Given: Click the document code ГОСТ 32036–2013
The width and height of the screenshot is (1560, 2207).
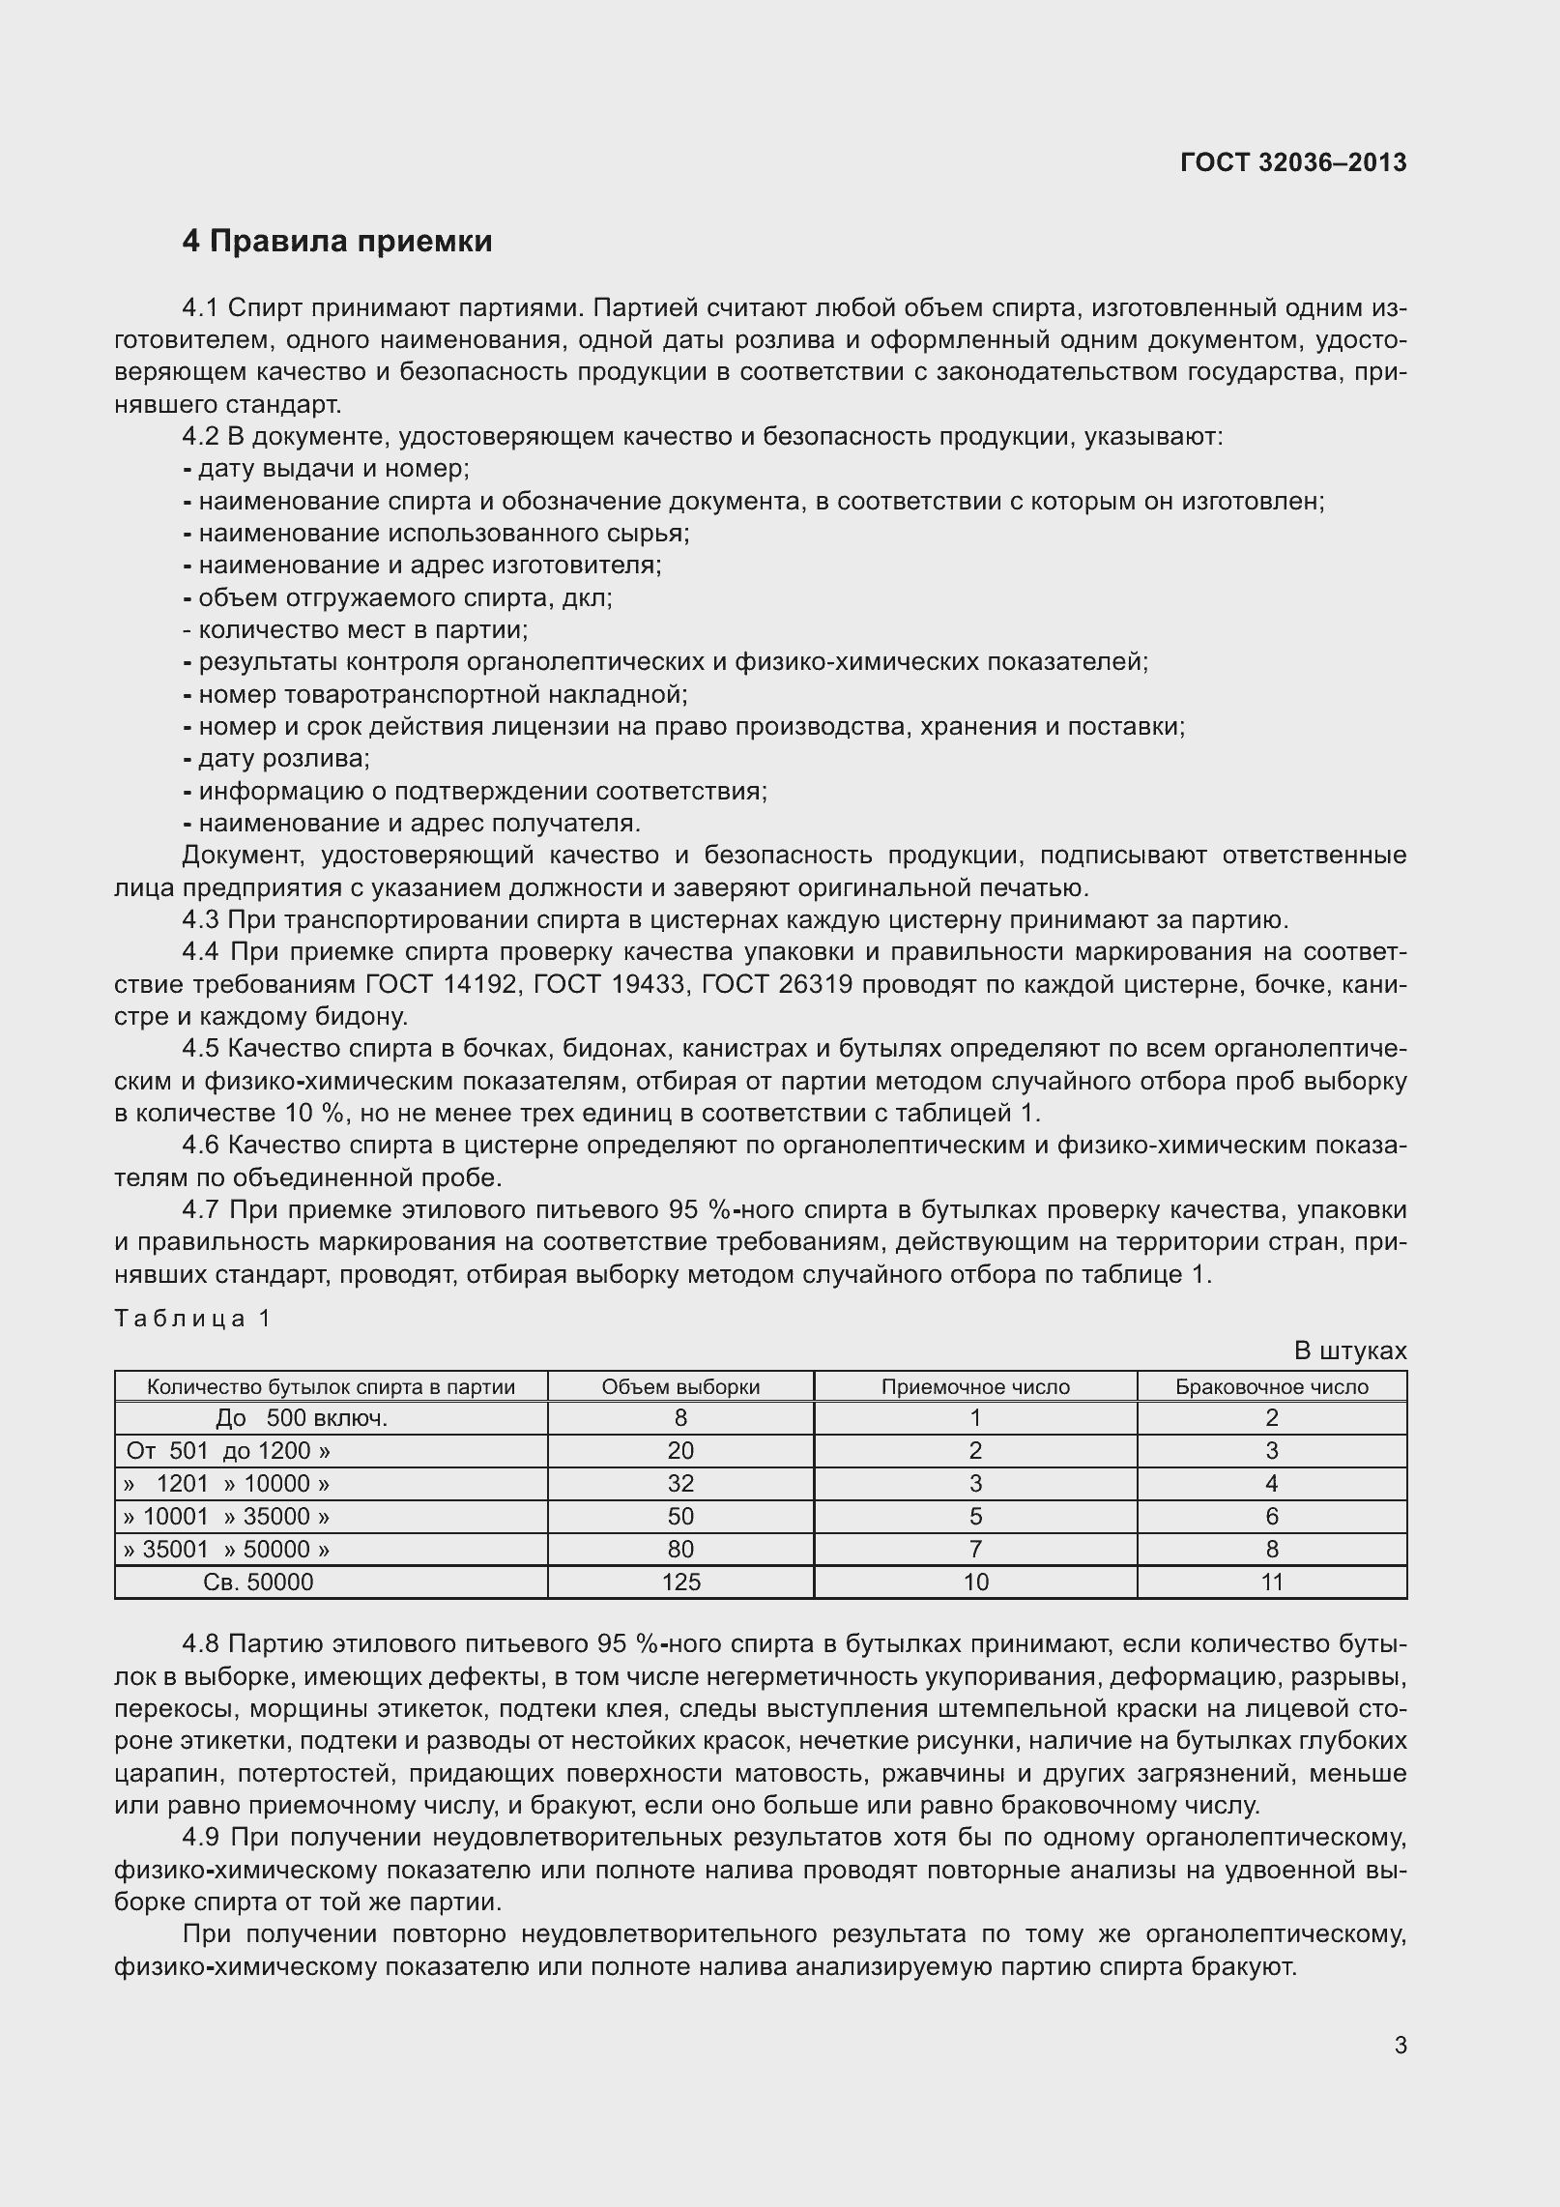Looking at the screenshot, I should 1293,162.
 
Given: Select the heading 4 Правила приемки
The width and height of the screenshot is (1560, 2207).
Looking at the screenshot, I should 337,241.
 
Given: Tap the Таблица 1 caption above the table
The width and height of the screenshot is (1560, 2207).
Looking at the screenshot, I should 193,1319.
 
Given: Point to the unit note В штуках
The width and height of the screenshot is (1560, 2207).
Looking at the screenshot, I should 1349,1350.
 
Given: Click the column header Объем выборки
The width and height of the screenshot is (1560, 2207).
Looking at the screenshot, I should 680,1386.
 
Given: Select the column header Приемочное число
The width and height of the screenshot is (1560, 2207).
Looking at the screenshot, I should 975,1386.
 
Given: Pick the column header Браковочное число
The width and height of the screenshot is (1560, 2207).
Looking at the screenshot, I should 1271,1386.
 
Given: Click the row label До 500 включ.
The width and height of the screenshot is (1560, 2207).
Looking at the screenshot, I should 302,1418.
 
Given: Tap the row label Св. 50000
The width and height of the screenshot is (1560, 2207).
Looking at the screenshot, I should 259,1582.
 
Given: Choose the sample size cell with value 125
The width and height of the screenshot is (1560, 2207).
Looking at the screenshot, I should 680,1582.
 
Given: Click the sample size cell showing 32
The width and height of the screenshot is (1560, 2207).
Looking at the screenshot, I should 680,1483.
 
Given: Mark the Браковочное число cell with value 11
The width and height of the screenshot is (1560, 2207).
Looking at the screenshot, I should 1271,1582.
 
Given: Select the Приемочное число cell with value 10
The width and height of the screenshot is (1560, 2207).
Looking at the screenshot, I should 975,1582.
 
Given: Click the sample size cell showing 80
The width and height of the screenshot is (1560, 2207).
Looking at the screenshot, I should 680,1549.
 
